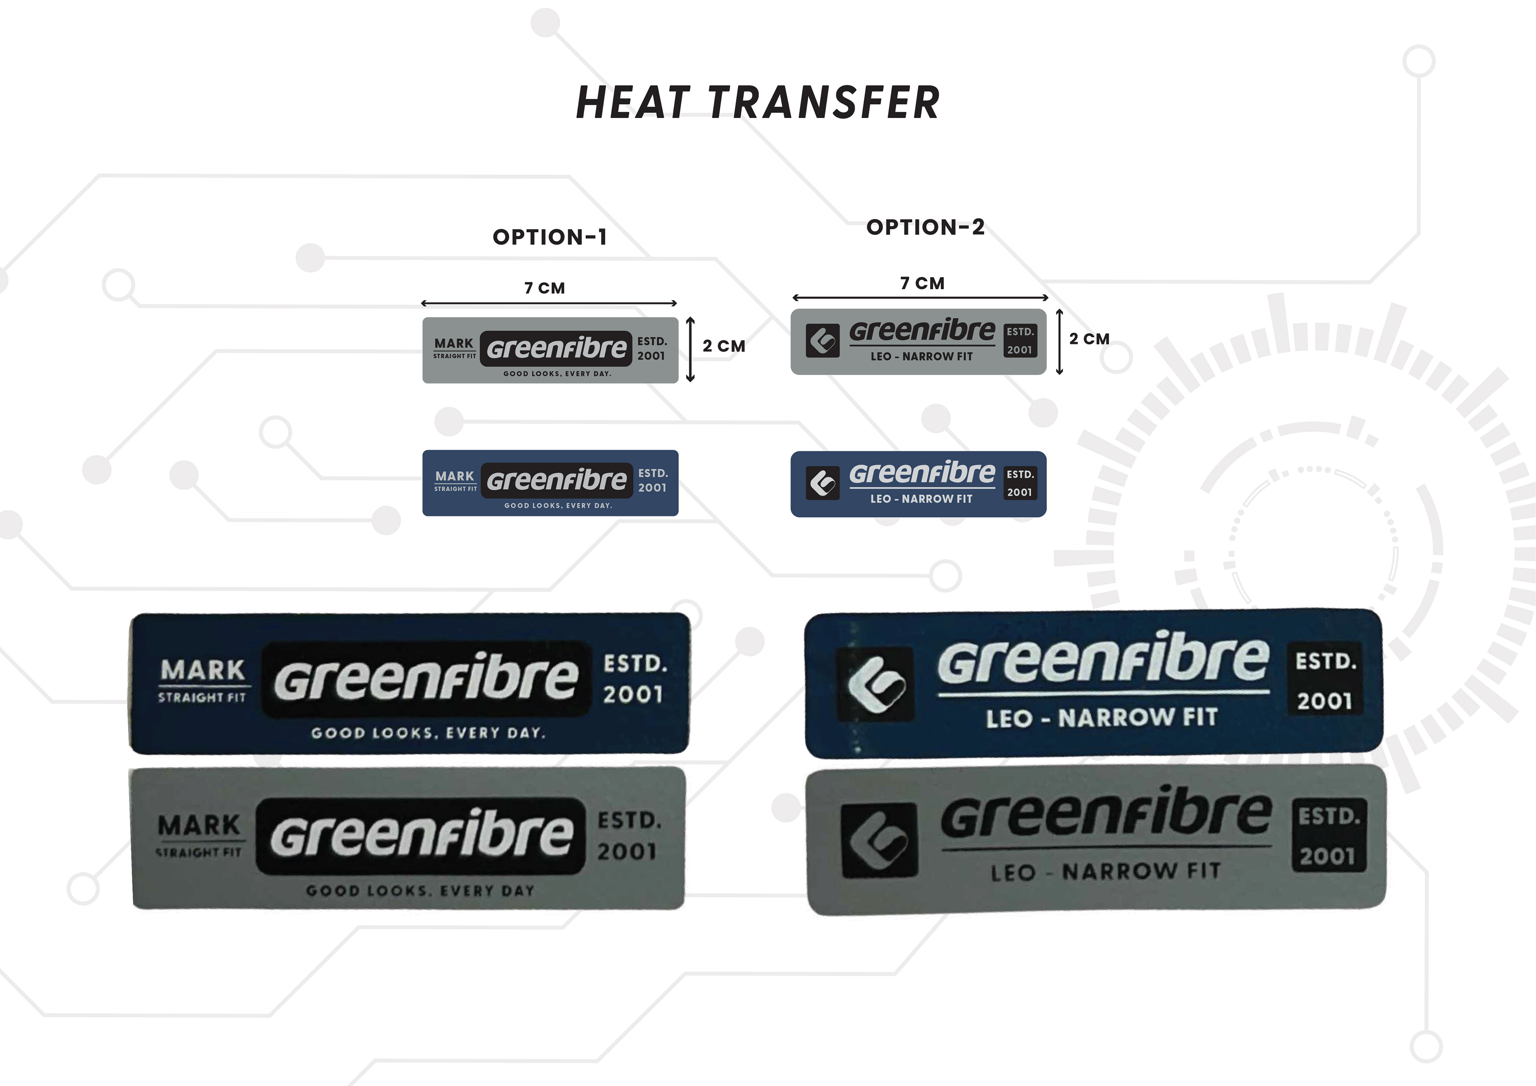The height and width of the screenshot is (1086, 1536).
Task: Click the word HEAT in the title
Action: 632,103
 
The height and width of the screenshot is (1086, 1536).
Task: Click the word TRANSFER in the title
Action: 824,103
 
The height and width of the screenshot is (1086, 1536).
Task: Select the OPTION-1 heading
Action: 549,237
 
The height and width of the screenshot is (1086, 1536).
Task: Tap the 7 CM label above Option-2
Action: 922,284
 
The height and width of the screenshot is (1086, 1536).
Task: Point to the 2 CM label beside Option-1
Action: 724,346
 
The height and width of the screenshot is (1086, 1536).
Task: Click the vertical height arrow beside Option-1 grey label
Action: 690,349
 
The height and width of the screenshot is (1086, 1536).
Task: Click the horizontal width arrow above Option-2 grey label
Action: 920,298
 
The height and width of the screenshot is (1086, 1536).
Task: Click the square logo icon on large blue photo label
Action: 876,684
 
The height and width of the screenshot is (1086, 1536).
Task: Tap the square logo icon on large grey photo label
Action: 879,840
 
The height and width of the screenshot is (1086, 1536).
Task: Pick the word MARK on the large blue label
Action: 203,670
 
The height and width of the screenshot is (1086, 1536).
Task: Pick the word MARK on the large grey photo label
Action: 199,825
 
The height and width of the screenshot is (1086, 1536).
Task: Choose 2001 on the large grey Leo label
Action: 1327,856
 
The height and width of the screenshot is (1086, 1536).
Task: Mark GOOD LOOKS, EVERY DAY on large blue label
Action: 428,733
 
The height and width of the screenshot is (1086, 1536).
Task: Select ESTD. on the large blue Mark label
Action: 635,664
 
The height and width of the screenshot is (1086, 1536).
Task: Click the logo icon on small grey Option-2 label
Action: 822,341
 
